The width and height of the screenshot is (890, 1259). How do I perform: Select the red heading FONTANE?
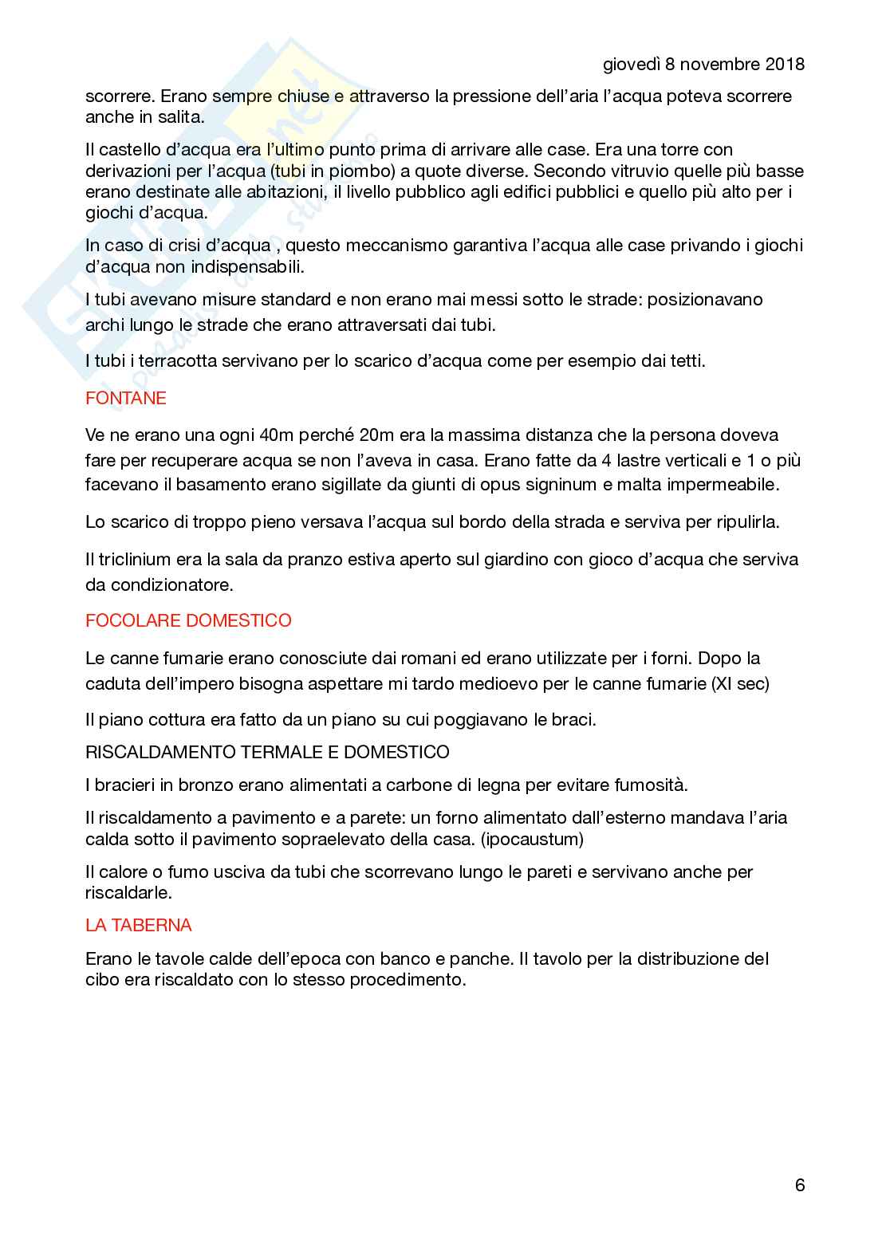click(x=126, y=398)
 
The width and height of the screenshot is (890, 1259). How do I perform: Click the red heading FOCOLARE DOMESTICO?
click(x=188, y=620)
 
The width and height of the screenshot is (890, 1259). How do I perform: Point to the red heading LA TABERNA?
click(x=139, y=925)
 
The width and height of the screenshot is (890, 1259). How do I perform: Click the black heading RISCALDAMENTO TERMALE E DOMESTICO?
click(x=267, y=752)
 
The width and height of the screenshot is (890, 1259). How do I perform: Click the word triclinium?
click(x=134, y=560)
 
